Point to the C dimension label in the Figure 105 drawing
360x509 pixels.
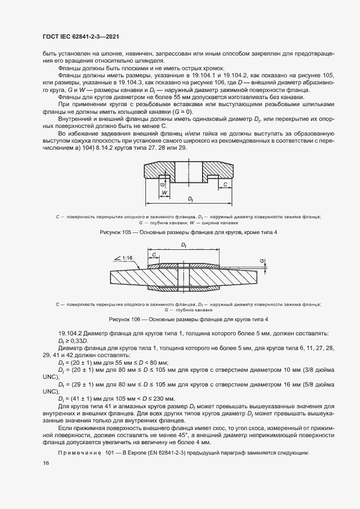(225, 185)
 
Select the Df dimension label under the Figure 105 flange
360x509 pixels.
(191, 200)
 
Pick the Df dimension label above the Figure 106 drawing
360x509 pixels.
(183, 246)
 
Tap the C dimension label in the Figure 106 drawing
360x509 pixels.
(155, 254)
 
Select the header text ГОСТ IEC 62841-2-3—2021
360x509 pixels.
(81, 36)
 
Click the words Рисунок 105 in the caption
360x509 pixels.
(114, 232)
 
